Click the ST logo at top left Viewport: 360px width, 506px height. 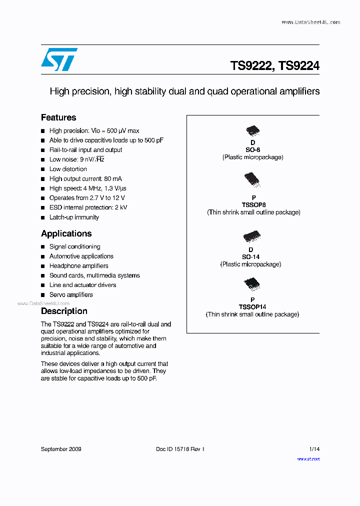[59, 59]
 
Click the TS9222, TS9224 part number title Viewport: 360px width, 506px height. [274, 65]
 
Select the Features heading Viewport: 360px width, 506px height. [58, 117]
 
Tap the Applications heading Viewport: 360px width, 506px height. [66, 233]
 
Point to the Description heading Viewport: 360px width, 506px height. [64, 311]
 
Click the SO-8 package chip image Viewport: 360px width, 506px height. [253, 131]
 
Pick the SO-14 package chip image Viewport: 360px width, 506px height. [251, 236]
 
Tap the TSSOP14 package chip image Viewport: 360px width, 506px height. [251, 284]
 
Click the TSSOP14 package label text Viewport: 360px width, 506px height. [252, 307]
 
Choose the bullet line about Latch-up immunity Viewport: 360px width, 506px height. [74, 217]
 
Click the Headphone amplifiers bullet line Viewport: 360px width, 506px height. [78, 266]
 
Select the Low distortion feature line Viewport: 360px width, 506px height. [68, 169]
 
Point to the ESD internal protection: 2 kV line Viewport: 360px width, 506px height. [88, 207]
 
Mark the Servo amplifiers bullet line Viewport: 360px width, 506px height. [71, 294]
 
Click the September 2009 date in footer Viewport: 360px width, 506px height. [61, 449]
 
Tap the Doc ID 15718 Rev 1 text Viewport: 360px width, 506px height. [180, 449]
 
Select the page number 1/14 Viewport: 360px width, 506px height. [314, 449]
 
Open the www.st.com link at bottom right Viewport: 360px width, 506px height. [308, 458]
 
